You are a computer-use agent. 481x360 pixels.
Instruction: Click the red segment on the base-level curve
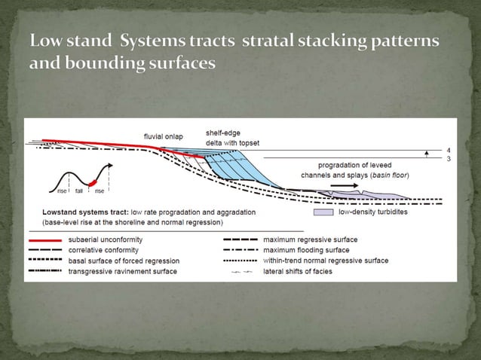click(92, 182)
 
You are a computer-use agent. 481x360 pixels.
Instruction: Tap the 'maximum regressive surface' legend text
click(310, 239)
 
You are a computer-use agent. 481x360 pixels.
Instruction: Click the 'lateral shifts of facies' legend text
click(299, 270)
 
